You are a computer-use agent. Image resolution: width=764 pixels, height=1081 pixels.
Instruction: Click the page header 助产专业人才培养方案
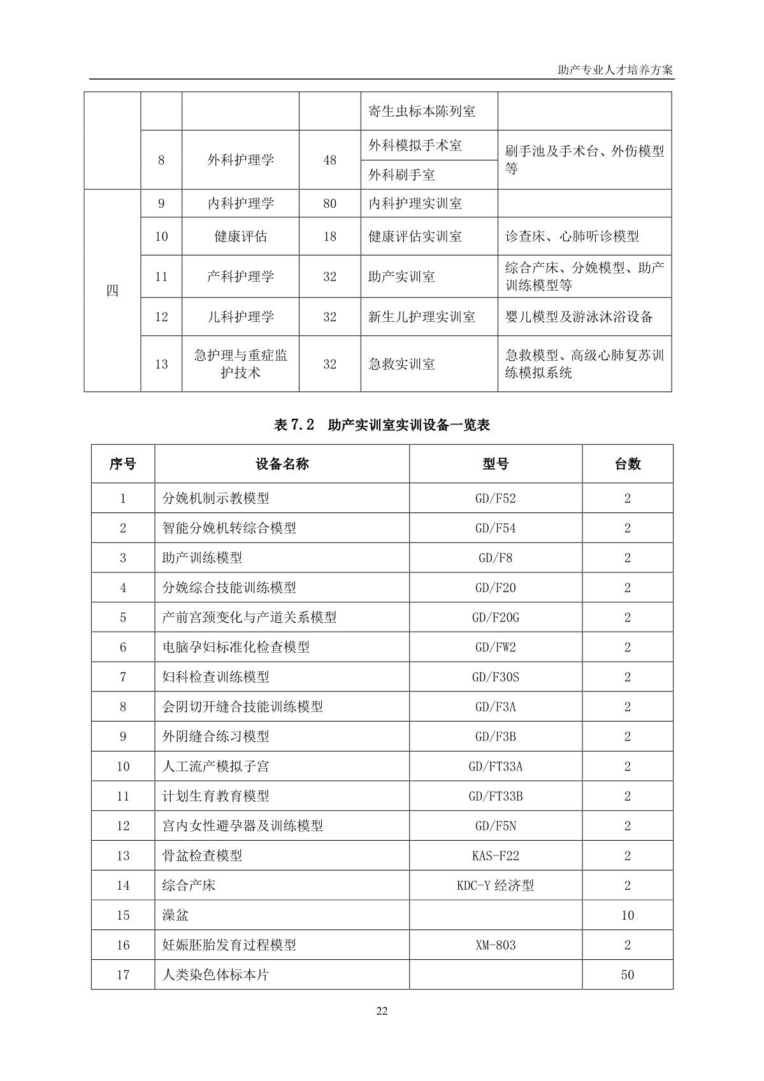[614, 70]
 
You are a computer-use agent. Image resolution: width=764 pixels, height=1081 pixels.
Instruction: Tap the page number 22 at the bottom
[382, 1011]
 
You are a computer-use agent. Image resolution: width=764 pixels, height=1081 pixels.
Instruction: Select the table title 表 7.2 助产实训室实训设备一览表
[382, 425]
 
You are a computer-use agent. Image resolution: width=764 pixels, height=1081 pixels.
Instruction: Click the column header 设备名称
[282, 464]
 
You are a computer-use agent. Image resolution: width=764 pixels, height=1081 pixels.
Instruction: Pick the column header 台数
[627, 464]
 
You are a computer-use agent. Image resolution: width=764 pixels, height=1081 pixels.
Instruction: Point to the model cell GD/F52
[495, 498]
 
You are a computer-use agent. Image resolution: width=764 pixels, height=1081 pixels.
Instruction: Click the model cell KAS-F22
[495, 856]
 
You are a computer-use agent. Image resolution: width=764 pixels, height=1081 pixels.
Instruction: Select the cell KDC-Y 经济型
[495, 885]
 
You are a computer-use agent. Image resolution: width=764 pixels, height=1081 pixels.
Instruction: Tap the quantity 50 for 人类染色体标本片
[627, 975]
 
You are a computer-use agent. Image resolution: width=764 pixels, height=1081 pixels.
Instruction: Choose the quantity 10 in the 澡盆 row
[627, 915]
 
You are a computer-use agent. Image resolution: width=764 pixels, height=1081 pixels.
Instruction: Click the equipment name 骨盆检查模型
[202, 856]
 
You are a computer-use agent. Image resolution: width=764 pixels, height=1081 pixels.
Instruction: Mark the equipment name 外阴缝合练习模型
[215, 737]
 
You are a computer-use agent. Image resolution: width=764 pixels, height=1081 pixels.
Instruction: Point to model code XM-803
[495, 945]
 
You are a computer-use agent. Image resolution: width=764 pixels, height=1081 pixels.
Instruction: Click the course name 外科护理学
[240, 160]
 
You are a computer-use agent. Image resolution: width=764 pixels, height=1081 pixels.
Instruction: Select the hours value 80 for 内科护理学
[329, 204]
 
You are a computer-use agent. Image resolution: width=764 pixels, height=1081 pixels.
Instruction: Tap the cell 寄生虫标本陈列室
[422, 112]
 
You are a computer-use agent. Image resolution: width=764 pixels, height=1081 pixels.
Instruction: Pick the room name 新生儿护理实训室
[422, 317]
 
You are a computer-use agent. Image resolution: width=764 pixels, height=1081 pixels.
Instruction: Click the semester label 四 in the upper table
[112, 291]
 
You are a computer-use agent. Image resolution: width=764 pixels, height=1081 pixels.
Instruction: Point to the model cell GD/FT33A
[495, 767]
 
